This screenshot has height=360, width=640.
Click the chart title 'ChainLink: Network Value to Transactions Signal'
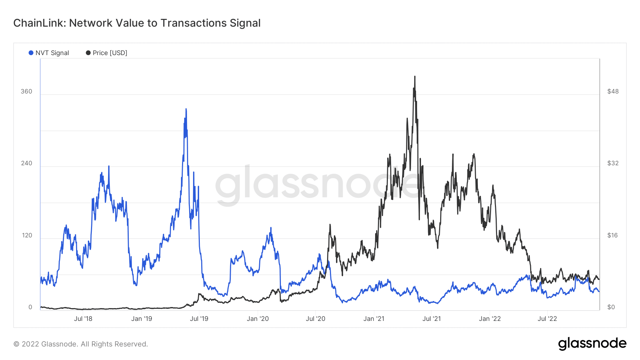[137, 23]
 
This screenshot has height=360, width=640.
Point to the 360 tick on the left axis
[26, 91]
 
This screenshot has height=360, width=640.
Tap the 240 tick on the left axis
[26, 163]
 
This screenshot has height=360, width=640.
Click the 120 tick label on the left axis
[27, 235]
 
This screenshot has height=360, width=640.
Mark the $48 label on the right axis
[613, 91]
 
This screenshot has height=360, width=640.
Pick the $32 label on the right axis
[613, 163]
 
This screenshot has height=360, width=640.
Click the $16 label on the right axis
[612, 235]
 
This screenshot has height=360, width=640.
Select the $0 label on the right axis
[611, 307]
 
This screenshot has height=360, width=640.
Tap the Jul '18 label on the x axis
[83, 319]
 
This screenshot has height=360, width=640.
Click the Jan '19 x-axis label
[142, 319]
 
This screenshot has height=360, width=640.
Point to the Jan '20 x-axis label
[258, 319]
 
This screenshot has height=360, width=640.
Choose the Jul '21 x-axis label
[431, 319]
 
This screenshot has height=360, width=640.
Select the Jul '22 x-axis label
[547, 319]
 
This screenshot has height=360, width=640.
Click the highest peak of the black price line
[415, 76]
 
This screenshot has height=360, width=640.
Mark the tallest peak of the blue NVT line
[186, 109]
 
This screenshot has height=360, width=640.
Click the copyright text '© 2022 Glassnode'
[80, 344]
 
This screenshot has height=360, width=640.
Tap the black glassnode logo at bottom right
[592, 344]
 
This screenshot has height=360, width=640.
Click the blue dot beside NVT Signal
[31, 53]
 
